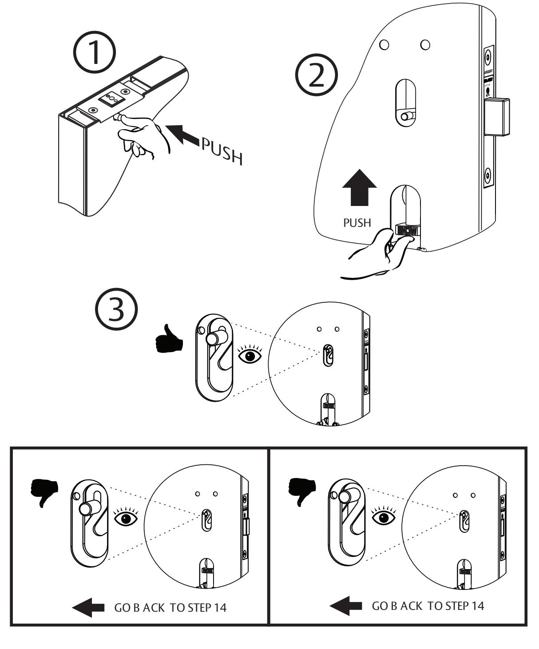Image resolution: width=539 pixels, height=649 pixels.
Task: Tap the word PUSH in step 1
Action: click(221, 150)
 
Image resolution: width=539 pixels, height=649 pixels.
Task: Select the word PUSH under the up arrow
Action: click(357, 222)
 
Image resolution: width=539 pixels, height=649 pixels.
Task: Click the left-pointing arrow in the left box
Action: click(88, 608)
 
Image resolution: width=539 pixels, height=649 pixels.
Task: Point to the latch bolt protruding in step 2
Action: click(497, 116)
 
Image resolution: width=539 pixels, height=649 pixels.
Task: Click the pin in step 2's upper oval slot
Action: click(405, 116)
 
